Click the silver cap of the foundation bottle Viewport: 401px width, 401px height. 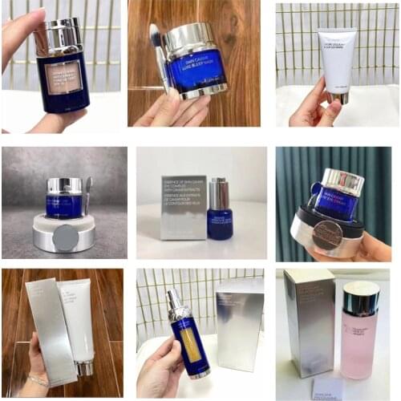(60, 37)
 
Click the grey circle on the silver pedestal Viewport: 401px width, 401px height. (66, 237)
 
